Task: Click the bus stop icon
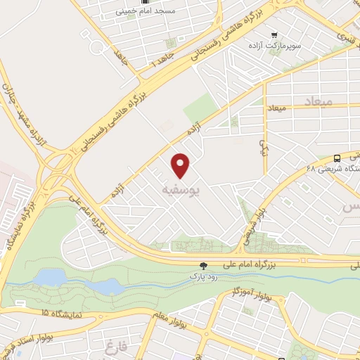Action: click(x=338, y=158)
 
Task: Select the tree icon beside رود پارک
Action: click(x=203, y=266)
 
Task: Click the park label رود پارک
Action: click(x=204, y=277)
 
